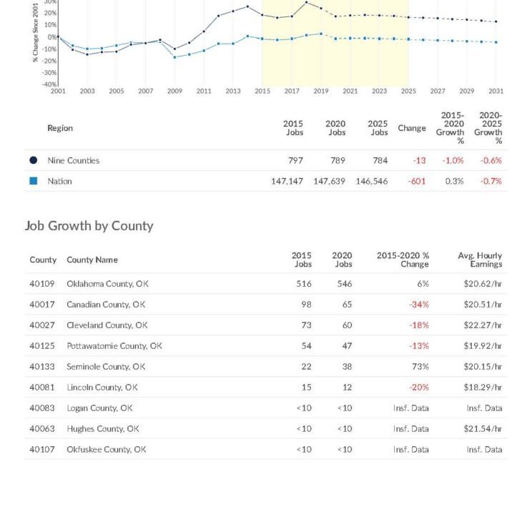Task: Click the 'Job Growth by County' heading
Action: [x=89, y=226]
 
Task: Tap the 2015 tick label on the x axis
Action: [x=262, y=92]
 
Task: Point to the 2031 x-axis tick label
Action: [x=496, y=92]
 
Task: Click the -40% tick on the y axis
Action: [x=51, y=85]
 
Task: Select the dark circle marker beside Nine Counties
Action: [x=33, y=160]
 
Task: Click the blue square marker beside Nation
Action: [x=33, y=181]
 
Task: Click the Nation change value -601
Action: [x=416, y=181]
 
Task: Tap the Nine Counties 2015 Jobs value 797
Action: [x=295, y=160]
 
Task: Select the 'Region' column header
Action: [x=60, y=128]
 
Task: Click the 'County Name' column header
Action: [x=92, y=260]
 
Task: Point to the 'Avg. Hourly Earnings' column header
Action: [x=480, y=260]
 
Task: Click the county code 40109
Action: [x=42, y=284]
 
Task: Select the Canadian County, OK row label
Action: [x=106, y=305]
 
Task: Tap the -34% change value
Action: [x=419, y=305]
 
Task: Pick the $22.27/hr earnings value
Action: [x=482, y=325]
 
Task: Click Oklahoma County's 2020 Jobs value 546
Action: [x=344, y=284]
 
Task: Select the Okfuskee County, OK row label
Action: [x=107, y=450]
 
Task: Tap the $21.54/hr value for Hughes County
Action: [x=482, y=429]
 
